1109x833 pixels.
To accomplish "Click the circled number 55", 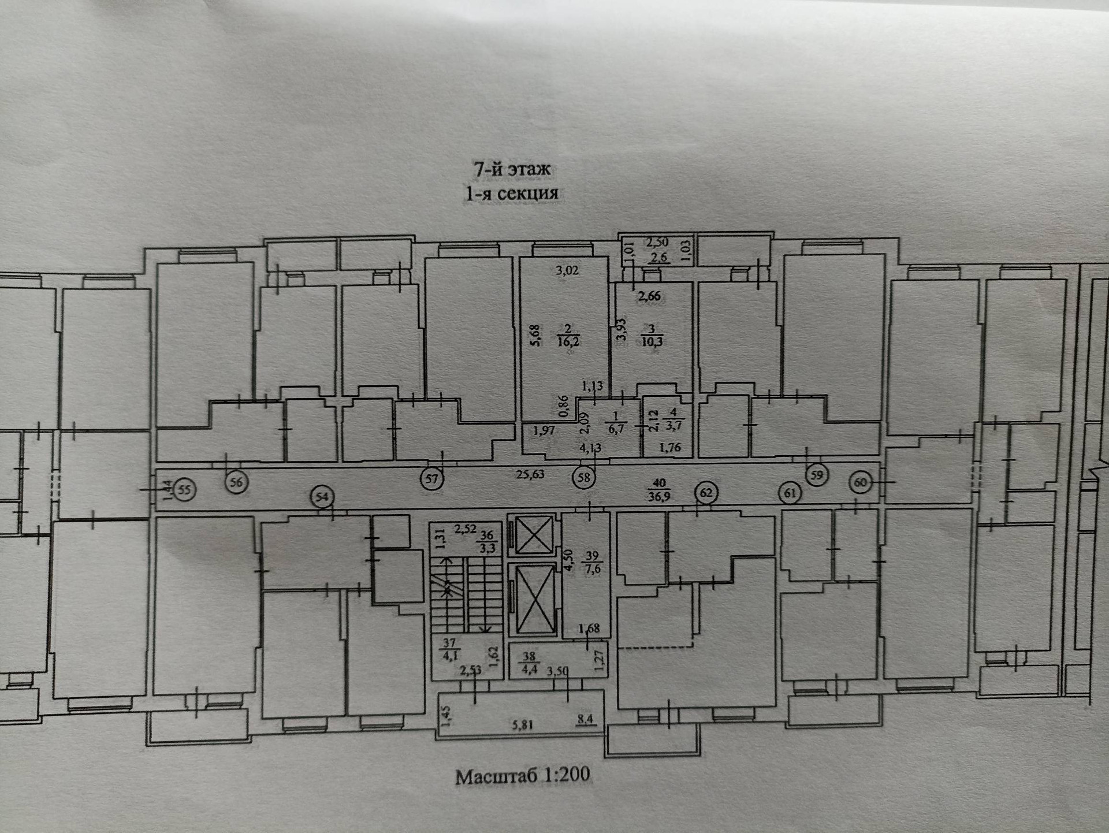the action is pos(184,490).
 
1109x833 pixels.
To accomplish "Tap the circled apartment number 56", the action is pos(236,482).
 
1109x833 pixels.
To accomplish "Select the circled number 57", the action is pos(431,478).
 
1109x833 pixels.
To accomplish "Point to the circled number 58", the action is pos(584,478).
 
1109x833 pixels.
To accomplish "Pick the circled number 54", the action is pos(322,497).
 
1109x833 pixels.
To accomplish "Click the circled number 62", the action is pos(706,493).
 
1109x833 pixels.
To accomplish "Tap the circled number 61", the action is pos(790,493).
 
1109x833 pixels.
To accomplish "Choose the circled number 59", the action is pos(817,475).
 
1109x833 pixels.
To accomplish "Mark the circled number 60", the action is pos(861,482).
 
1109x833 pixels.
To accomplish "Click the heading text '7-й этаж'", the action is pos(512,169).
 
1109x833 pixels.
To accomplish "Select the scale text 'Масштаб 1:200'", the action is pos(523,775).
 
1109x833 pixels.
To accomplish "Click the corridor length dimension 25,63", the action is pos(530,474).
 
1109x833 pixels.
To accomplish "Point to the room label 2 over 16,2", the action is pos(568,336).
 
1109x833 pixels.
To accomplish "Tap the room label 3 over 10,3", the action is pos(652,336).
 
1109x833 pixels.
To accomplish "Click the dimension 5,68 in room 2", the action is pos(534,335).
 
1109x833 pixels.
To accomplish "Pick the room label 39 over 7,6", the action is pos(592,562).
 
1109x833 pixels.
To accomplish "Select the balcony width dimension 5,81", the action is pos(522,724).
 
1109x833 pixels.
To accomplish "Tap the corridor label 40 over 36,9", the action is pos(659,489).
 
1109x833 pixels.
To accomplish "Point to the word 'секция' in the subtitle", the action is pos(527,193).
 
